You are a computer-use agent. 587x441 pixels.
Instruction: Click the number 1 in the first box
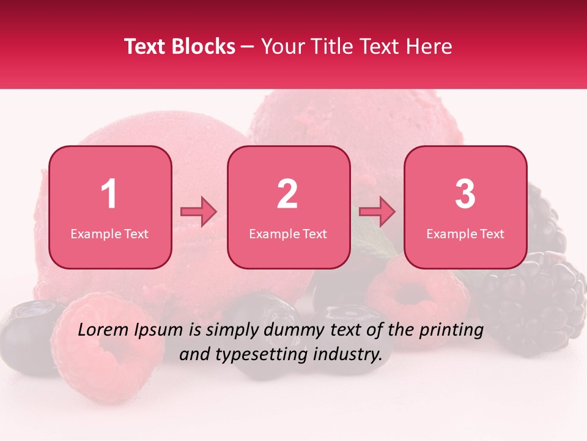tap(109, 194)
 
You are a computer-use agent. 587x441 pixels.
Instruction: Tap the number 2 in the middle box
tap(287, 194)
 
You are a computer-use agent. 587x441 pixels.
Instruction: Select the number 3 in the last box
tap(465, 194)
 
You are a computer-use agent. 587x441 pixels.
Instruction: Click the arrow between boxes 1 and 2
tap(199, 212)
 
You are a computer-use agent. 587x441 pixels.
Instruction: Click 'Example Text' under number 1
tap(109, 233)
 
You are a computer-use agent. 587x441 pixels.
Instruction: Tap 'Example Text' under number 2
tap(288, 233)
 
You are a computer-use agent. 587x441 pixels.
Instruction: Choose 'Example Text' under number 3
tap(465, 233)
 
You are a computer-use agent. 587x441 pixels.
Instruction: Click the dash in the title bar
tap(248, 47)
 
